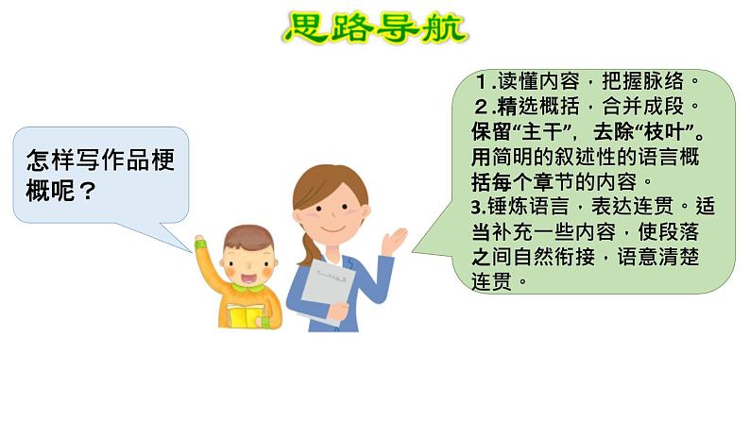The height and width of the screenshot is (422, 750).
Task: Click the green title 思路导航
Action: pyautogui.click(x=376, y=27)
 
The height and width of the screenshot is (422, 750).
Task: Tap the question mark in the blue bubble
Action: pyautogui.click(x=87, y=191)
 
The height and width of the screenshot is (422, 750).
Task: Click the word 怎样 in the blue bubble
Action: pyautogui.click(x=51, y=160)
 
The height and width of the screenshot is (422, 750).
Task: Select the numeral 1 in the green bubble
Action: pyautogui.click(x=482, y=82)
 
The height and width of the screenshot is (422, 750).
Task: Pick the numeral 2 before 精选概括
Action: pyautogui.click(x=481, y=107)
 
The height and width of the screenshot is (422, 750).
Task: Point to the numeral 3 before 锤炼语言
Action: pyautogui.click(x=476, y=208)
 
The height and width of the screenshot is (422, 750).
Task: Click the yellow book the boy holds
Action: pyautogui.click(x=246, y=316)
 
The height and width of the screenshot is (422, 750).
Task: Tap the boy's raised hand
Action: pyautogui.click(x=199, y=242)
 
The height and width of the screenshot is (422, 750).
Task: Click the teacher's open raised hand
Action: pyautogui.click(x=394, y=242)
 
